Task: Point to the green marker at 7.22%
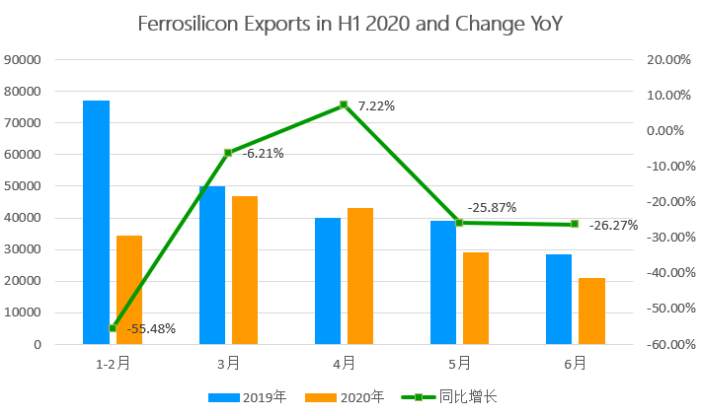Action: pos(344,104)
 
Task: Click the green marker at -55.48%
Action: pos(113,328)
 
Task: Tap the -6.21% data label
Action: pos(263,153)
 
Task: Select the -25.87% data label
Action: pos(492,208)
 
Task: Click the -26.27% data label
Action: pos(613,225)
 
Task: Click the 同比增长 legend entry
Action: pos(468,397)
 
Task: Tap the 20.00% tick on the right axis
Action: pos(667,59)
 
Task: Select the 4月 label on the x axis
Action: pos(344,364)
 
